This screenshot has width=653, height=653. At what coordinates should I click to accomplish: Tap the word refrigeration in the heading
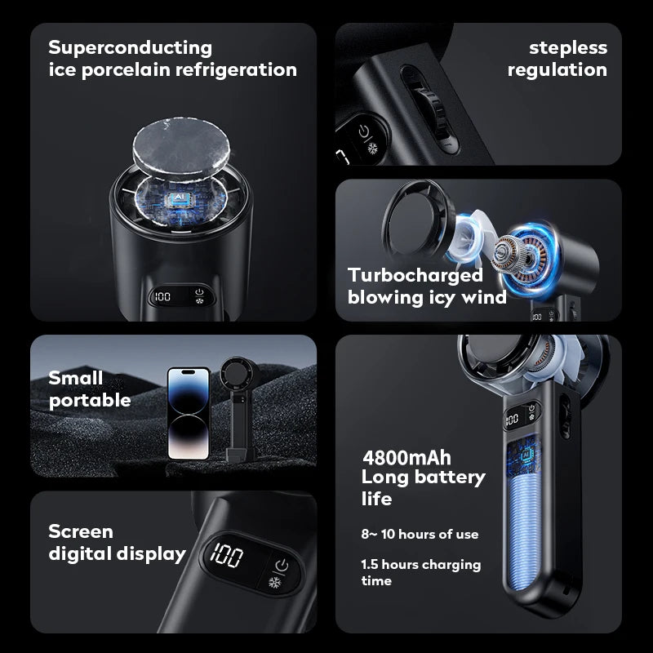(x=236, y=69)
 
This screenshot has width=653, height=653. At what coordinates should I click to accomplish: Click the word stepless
(x=568, y=48)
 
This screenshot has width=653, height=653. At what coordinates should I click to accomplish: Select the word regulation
(x=557, y=70)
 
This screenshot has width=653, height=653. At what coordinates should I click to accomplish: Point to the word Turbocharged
(x=415, y=276)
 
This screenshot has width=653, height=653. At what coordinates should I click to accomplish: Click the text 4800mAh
(x=406, y=458)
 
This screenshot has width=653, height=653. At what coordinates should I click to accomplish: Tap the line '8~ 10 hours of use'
(x=420, y=535)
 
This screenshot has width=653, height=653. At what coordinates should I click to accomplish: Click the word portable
(x=90, y=401)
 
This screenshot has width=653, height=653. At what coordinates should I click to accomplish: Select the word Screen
(x=81, y=531)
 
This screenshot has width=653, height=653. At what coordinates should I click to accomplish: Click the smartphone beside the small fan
(x=189, y=413)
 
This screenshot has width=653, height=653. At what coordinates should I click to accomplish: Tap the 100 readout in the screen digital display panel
(x=227, y=555)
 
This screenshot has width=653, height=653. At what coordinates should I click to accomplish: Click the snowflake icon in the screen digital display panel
(x=274, y=582)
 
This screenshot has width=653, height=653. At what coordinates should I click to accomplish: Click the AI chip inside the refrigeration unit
(x=180, y=198)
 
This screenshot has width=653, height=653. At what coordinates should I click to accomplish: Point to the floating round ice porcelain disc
(x=180, y=146)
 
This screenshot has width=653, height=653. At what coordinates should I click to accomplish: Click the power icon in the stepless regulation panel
(x=364, y=131)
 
